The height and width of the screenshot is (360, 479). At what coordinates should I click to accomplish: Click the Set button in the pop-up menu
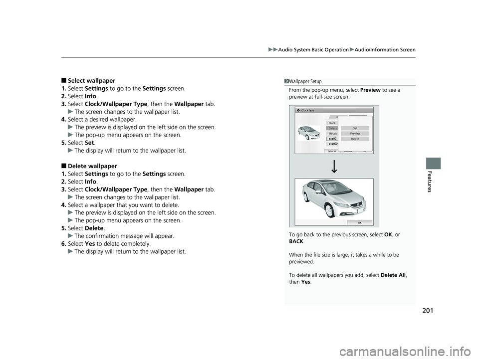pyautogui.click(x=355, y=128)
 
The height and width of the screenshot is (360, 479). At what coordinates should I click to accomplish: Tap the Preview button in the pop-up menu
pyautogui.click(x=355, y=134)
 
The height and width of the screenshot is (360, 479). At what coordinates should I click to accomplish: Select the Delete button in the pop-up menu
pyautogui.click(x=355, y=139)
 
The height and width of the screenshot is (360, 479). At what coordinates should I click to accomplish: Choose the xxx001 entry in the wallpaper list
pyautogui.click(x=332, y=139)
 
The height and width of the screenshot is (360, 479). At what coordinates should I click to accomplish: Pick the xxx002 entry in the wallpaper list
pyautogui.click(x=332, y=144)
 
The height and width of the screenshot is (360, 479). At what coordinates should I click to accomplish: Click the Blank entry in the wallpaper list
pyautogui.click(x=332, y=123)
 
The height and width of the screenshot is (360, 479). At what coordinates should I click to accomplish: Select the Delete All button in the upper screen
pyautogui.click(x=332, y=151)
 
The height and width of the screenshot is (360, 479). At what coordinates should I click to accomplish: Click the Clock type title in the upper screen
pyautogui.click(x=307, y=110)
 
